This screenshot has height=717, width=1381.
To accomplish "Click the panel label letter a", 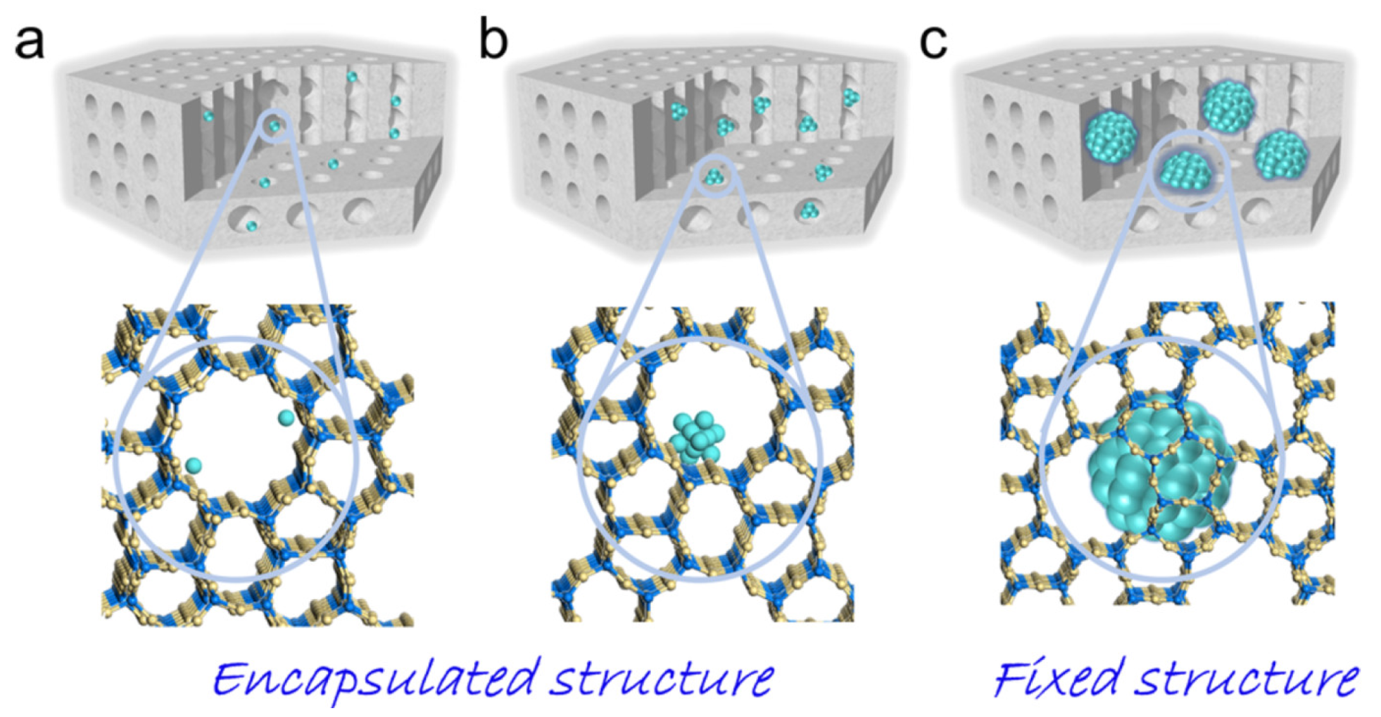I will pos(29,43).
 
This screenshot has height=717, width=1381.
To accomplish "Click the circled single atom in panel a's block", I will pos(274,126).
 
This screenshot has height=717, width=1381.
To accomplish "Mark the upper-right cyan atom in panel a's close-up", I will pos(286,417).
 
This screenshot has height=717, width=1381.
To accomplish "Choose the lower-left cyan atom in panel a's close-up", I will pos(194,466).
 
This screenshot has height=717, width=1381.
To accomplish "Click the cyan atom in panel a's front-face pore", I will pos(251,225).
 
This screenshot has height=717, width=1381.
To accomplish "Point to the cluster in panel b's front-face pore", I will pos(809,210).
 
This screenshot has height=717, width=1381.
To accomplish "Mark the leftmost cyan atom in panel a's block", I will pos(208,117).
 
